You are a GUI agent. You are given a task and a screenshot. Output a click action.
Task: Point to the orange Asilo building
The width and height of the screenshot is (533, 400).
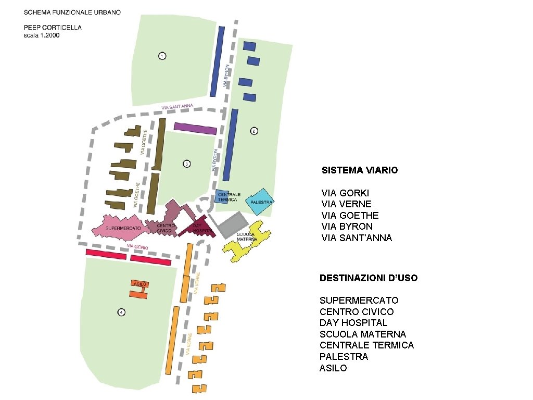coord(139,289)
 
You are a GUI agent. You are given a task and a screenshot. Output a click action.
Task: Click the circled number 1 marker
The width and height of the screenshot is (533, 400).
coord(162,56)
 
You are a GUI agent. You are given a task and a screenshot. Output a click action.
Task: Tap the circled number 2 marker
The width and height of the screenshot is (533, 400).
coord(254,131)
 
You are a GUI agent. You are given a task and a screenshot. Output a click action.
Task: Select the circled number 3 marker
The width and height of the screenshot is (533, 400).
coord(186,164)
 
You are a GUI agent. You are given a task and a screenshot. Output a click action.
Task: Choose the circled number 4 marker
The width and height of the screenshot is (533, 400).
coord(121,312)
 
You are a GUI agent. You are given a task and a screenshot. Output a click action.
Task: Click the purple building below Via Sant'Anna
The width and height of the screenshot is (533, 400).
coord(195,128)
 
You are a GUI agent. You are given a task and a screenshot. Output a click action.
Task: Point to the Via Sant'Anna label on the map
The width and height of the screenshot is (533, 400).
coord(177,107)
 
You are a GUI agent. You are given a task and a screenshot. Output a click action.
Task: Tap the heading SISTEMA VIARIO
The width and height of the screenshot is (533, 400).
coord(360,170)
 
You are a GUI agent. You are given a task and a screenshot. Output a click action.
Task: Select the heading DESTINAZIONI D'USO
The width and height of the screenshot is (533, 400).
coord(369,278)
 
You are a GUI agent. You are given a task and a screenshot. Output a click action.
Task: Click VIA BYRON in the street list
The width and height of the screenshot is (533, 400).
coord(347,227)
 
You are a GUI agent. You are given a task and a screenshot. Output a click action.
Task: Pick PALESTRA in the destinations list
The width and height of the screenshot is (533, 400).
coord(344,357)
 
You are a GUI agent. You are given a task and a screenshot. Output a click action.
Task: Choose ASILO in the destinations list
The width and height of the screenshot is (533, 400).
coord(333,368)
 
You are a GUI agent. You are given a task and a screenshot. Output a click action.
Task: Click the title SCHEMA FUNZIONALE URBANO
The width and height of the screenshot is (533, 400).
coord(72,12)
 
